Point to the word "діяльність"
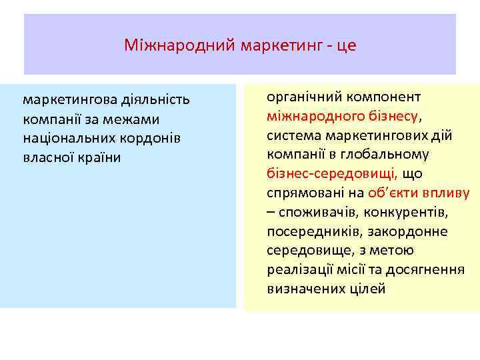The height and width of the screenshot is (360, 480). (x=155, y=100)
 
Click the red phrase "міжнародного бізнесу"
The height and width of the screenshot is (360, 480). (x=343, y=115)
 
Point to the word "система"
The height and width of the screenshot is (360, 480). (x=293, y=135)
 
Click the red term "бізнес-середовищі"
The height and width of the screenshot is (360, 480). (x=331, y=173)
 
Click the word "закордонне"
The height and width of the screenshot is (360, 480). (x=409, y=231)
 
